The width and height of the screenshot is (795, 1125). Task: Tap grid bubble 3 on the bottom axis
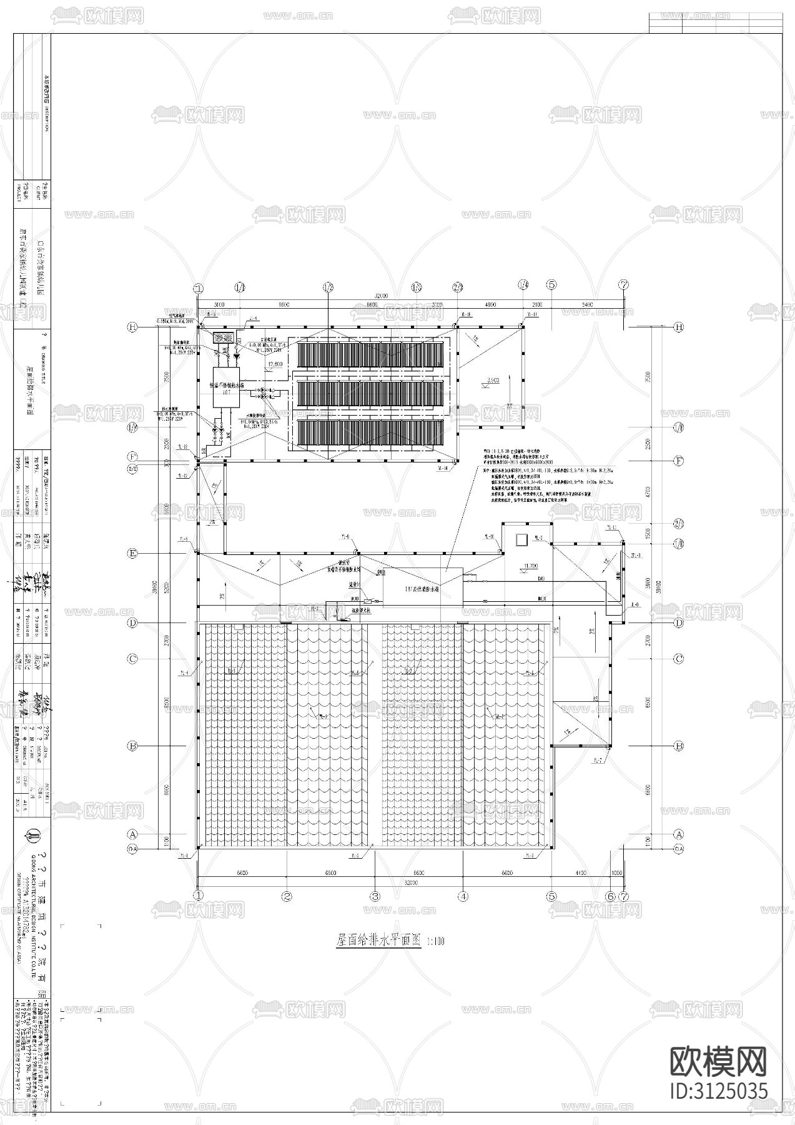coord(375,896)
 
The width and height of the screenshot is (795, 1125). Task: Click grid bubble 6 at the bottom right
coord(610,896)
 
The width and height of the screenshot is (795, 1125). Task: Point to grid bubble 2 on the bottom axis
coord(287,896)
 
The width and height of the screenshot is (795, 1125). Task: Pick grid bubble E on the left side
coord(132,553)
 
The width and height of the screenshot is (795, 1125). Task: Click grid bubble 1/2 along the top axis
coord(328,287)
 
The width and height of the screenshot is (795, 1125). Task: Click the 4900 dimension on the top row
coord(490,304)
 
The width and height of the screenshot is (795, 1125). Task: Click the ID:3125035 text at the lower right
coord(718,1091)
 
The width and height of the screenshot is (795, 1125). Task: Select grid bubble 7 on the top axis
coord(624,284)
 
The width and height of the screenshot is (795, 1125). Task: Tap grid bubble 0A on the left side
coord(132,848)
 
